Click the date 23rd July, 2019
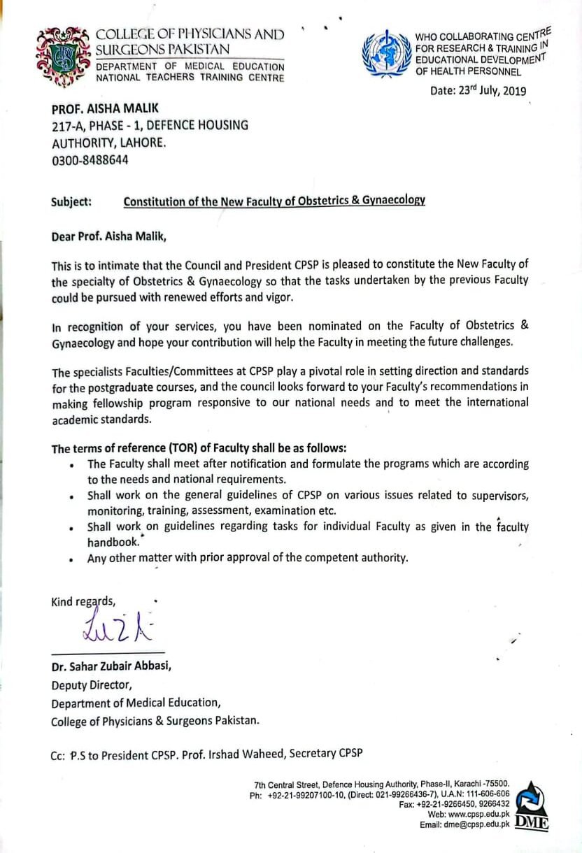point(478,90)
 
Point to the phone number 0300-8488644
point(90,159)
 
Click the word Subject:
point(71,201)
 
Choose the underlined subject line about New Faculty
point(274,201)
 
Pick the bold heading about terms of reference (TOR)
point(199,447)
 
